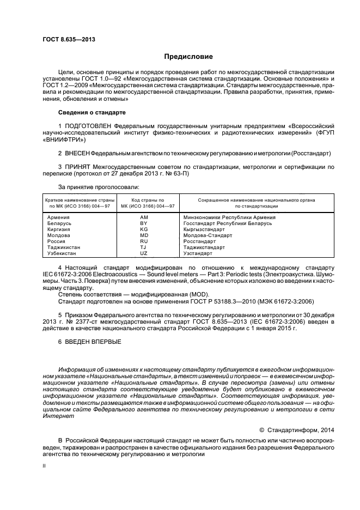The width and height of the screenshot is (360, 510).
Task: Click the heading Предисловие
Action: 189,57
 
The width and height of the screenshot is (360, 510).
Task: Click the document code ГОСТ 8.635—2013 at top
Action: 65,39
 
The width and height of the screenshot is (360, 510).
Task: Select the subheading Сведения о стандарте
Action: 91,113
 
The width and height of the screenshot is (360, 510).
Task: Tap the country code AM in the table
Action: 144,217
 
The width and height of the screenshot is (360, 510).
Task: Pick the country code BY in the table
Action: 144,223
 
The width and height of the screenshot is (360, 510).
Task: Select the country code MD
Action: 144,235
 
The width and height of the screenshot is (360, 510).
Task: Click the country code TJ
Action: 144,247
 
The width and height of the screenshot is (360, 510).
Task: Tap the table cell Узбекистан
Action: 63,253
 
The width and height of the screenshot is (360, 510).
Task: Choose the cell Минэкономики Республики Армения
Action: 228,217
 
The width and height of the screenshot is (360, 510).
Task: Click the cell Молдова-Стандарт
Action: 208,235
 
